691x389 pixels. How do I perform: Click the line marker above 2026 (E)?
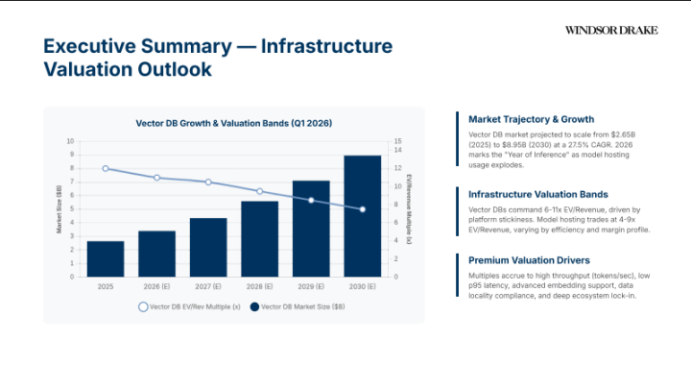156,178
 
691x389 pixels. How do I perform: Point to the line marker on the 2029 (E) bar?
311,200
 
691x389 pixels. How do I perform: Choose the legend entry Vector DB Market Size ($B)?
293,306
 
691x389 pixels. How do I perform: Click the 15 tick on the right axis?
398,141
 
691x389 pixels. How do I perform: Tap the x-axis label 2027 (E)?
207,286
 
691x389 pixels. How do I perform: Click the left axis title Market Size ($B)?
59,209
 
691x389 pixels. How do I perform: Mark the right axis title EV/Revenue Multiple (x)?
409,209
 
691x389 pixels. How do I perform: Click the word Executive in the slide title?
89,47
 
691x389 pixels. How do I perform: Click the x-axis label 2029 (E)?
311,286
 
